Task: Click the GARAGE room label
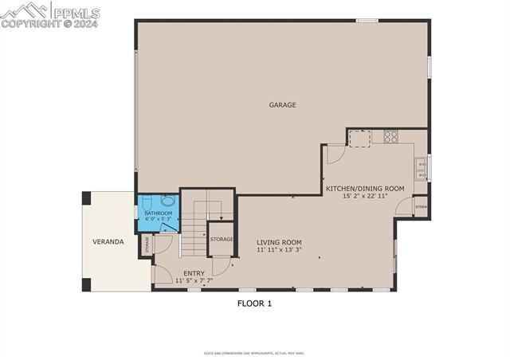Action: (282, 104)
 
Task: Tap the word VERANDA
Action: (108, 241)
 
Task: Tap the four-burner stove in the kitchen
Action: (390, 137)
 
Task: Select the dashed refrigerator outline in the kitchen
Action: (361, 139)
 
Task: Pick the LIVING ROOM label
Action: (279, 242)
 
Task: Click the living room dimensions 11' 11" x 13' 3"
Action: (279, 250)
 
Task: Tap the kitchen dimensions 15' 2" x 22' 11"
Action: (365, 196)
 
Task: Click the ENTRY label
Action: (194, 273)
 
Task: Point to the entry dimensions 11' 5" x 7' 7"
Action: (194, 280)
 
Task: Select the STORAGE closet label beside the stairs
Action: (222, 239)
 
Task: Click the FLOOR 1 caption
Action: (254, 303)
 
